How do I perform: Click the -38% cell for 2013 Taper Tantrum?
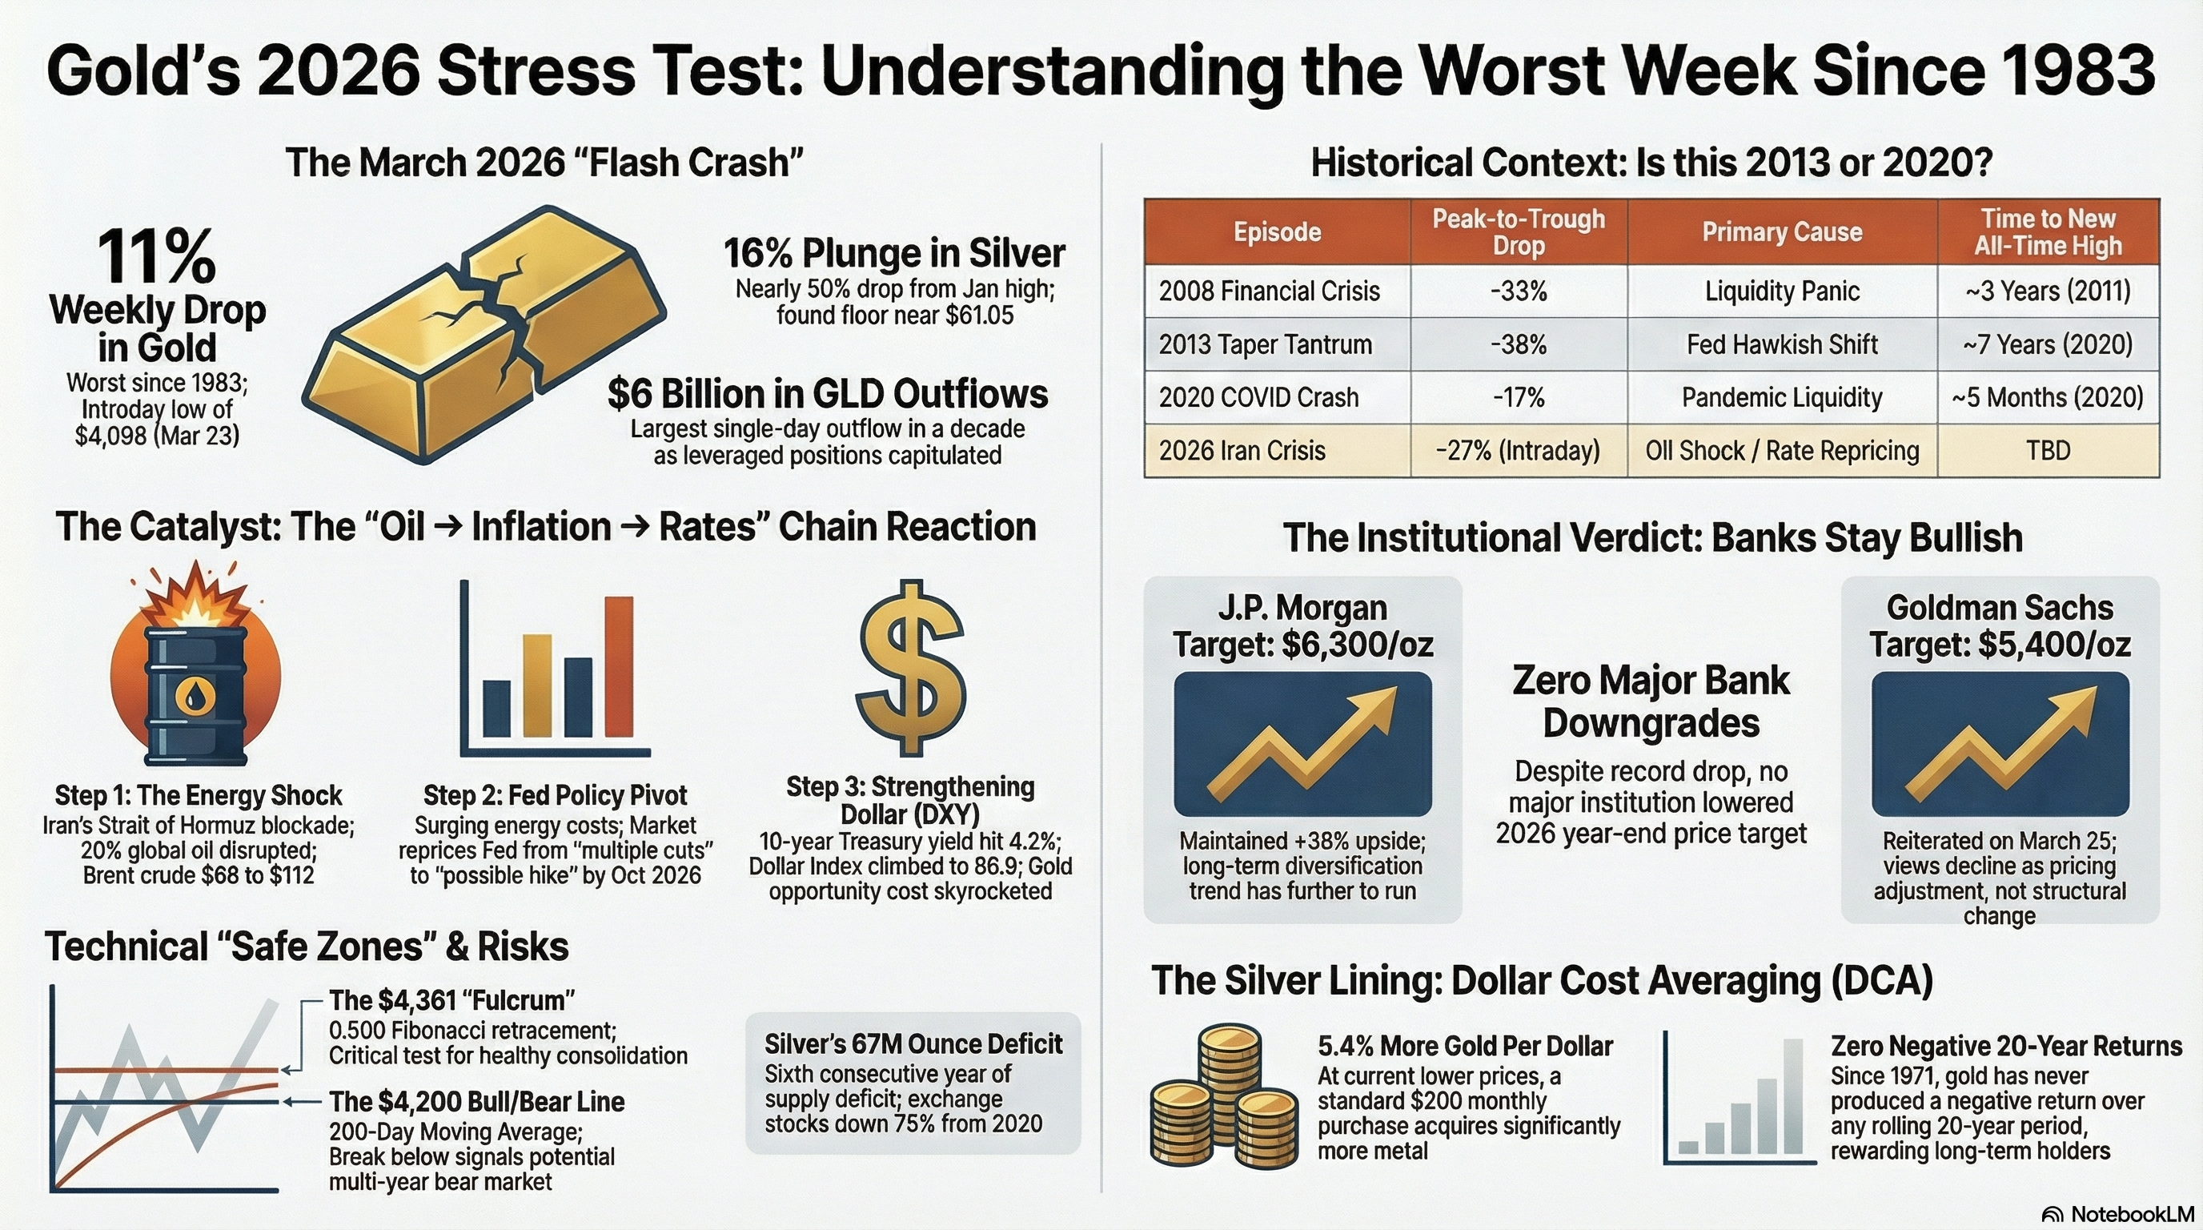coord(1518,344)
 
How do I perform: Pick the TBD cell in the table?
coord(2048,450)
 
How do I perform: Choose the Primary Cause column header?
coord(1781,231)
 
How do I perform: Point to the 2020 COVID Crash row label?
coord(1258,398)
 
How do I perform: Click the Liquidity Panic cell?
coord(1781,291)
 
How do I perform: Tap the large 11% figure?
coord(157,256)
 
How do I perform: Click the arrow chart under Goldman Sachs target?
coord(2000,743)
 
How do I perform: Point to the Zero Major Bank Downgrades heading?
coord(1651,701)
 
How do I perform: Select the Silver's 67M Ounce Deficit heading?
coord(913,1043)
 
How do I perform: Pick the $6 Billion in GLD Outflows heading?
coord(827,394)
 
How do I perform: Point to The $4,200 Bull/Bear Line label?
coord(476,1102)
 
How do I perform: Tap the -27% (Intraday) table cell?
coord(1518,450)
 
